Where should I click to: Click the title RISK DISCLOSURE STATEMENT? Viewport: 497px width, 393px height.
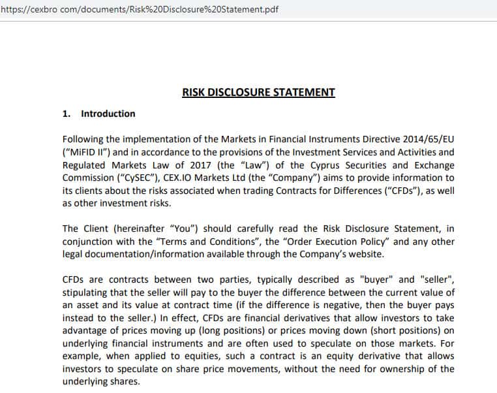point(258,92)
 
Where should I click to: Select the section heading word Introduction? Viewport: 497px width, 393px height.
point(108,114)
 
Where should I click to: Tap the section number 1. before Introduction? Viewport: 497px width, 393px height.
point(66,114)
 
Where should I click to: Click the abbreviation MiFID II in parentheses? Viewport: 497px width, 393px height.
point(87,152)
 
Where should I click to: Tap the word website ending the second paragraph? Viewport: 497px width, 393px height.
point(365,254)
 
